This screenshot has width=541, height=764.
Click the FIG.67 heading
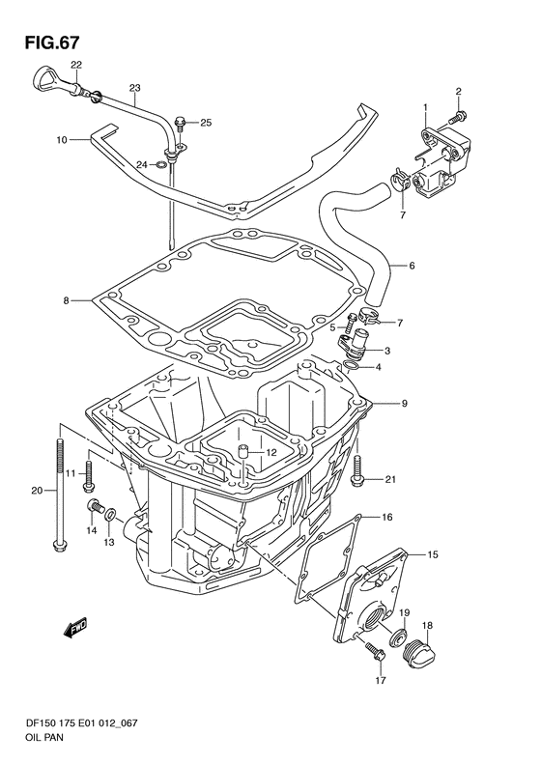coord(51,42)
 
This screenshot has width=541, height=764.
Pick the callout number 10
coord(62,140)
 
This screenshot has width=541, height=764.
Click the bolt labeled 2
coord(459,116)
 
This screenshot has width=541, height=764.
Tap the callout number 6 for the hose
coord(412,266)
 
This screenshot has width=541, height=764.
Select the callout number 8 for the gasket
coord(67,301)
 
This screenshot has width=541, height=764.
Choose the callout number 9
coord(405,404)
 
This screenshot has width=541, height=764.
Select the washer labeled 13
coord(111,513)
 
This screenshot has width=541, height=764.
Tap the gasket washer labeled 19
coord(400,637)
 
